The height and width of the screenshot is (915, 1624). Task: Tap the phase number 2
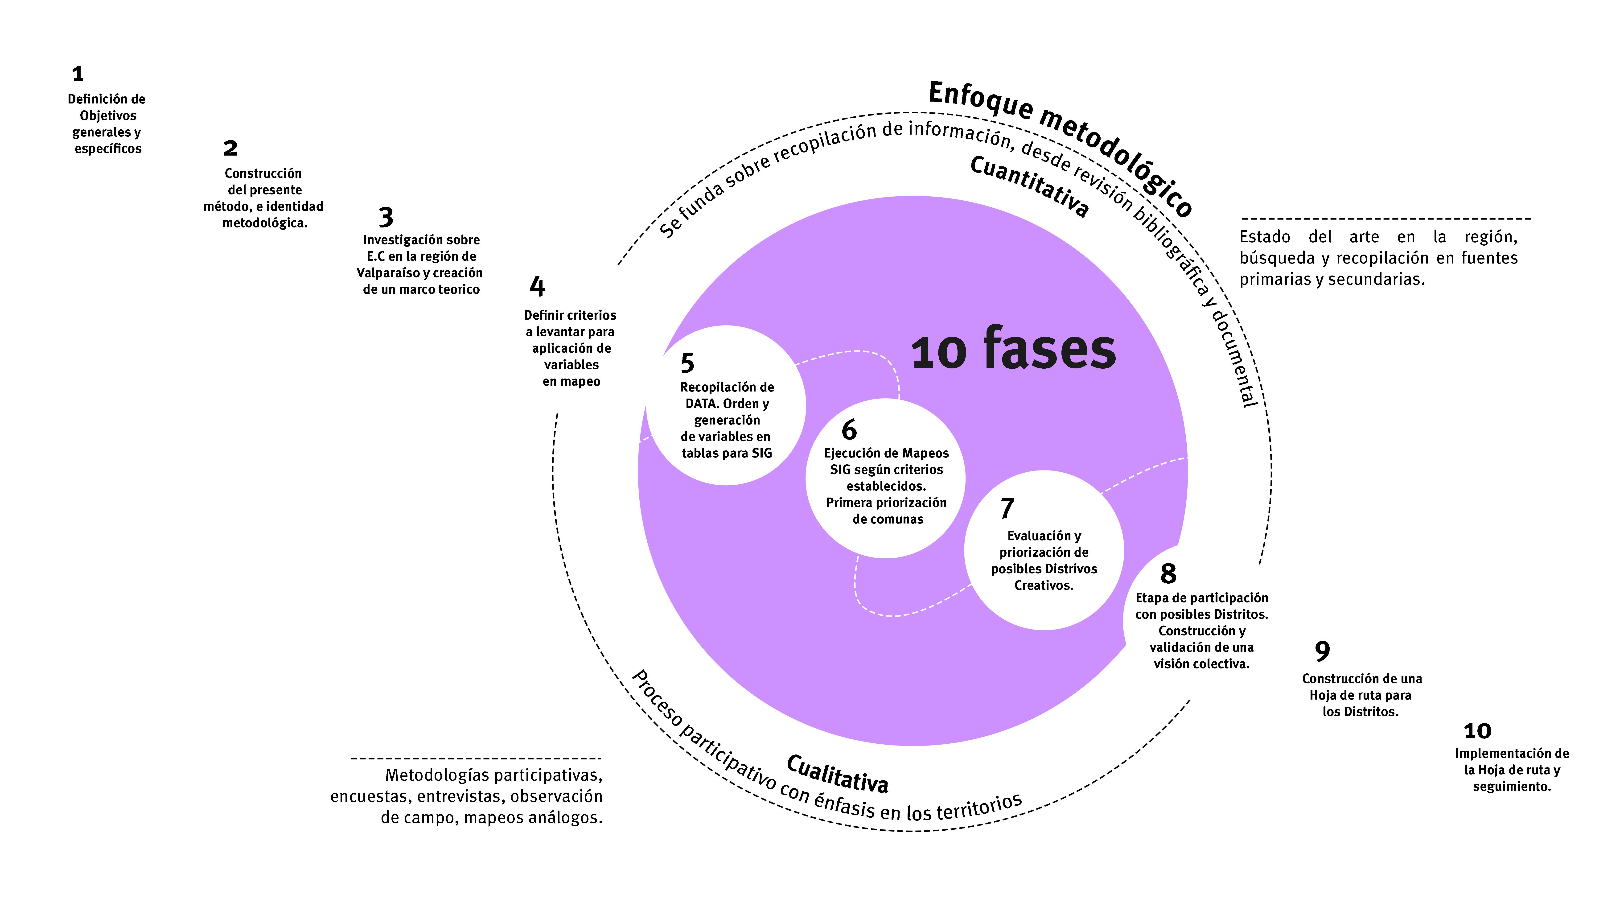(231, 148)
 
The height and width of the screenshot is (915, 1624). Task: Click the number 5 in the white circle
(687, 363)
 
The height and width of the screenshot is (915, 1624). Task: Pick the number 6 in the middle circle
(849, 430)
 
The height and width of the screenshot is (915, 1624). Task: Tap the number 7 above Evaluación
(1007, 508)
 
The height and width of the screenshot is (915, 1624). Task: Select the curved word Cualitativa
(837, 774)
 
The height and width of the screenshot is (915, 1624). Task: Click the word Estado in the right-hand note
(1265, 237)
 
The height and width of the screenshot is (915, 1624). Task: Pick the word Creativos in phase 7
(1043, 585)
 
